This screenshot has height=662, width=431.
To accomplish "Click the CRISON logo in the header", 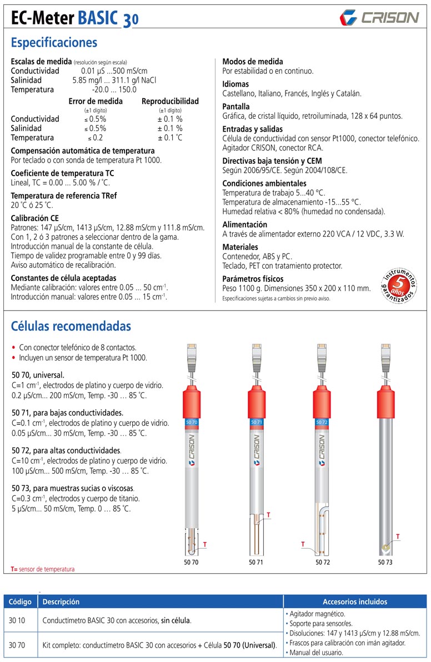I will pyautogui.click(x=379, y=17).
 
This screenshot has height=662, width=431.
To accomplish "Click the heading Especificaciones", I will pyautogui.click(x=54, y=43).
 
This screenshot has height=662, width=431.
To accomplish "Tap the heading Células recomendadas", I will pyautogui.click(x=71, y=325).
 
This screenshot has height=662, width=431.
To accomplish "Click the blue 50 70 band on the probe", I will pyautogui.click(x=192, y=423).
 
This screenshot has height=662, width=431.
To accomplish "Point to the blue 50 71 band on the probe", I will pyautogui.click(x=257, y=423).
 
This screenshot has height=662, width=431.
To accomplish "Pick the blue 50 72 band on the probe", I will pyautogui.click(x=322, y=423).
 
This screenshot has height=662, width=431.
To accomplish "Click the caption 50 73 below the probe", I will pyautogui.click(x=385, y=562).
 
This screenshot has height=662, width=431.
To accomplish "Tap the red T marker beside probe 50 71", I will pyautogui.click(x=269, y=515).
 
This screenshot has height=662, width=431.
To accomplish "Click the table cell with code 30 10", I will pyautogui.click(x=20, y=620).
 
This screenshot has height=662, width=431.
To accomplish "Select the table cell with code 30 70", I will pyautogui.click(x=20, y=645).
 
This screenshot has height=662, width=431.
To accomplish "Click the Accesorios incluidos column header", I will pyautogui.click(x=355, y=601).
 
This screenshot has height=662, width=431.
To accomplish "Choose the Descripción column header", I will pyautogui.click(x=61, y=601).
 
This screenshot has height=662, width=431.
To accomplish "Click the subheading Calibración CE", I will pyautogui.click(x=35, y=218).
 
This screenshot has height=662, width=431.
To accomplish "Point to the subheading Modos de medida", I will pyautogui.click(x=253, y=62).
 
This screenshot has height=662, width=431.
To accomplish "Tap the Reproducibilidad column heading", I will pyautogui.click(x=170, y=101).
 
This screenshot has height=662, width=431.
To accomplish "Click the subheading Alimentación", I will pyautogui.click(x=245, y=224).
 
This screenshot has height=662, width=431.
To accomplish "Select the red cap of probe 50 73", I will pyautogui.click(x=385, y=397).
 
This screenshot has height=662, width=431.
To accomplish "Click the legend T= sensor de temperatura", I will pyautogui.click(x=43, y=569).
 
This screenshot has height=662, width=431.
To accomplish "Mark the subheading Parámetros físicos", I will pyautogui.click(x=253, y=278).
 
